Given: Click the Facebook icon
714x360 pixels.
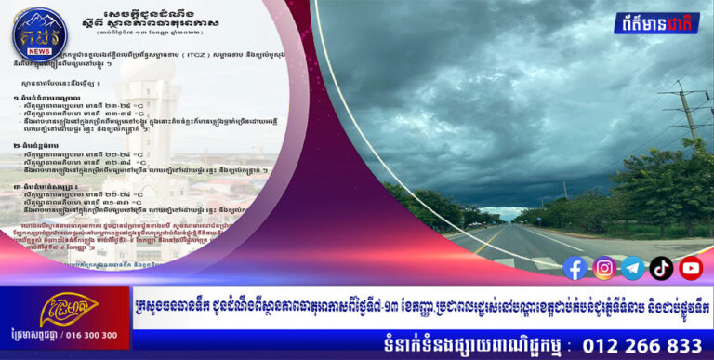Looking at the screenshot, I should pyautogui.click(x=575, y=268).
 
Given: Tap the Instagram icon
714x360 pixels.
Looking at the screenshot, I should pyautogui.click(x=604, y=268).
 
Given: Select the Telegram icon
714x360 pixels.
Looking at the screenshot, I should pyautogui.click(x=633, y=268).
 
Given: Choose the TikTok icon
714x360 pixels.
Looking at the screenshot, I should pyautogui.click(x=662, y=268).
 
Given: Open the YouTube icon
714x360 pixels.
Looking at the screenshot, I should pyautogui.click(x=691, y=268).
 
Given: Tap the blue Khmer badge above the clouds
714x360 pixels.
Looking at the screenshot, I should pyautogui.click(x=656, y=22).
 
